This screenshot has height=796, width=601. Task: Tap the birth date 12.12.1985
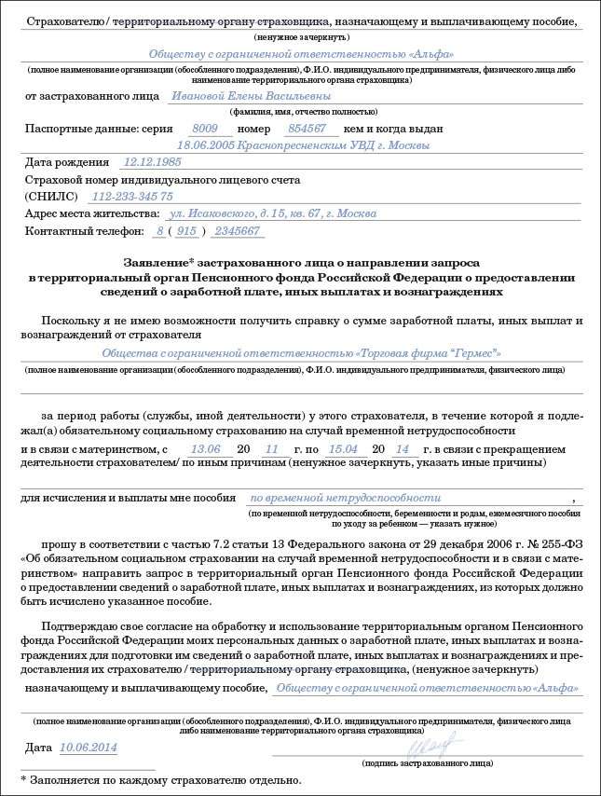point(152,161)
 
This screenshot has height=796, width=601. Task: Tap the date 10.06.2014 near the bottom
point(89,748)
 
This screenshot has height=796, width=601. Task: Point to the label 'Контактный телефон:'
point(85,230)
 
